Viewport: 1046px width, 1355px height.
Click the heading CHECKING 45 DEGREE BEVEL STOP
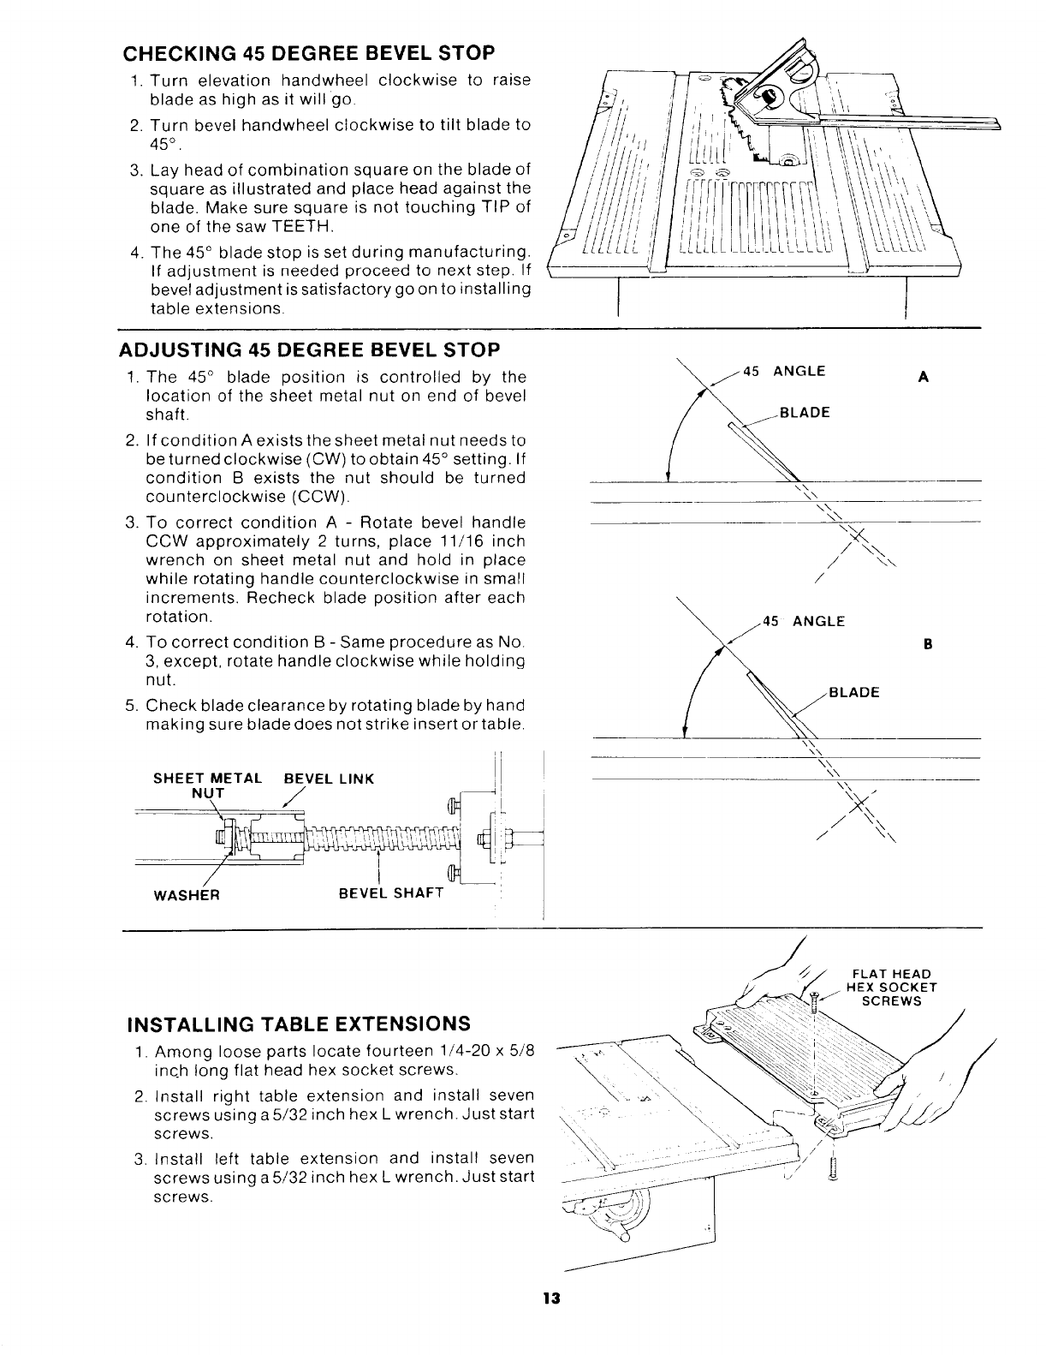pyautogui.click(x=309, y=53)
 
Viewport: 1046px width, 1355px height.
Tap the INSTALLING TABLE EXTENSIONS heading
pyautogui.click(x=299, y=1024)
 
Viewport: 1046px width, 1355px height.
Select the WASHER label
pyautogui.click(x=187, y=894)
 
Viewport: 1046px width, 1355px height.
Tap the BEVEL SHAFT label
pyautogui.click(x=391, y=893)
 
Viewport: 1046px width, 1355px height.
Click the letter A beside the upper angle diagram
pyautogui.click(x=923, y=377)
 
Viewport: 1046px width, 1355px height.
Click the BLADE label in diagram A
pyautogui.click(x=804, y=413)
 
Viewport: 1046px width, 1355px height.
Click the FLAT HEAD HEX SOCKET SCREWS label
pyautogui.click(x=891, y=987)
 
